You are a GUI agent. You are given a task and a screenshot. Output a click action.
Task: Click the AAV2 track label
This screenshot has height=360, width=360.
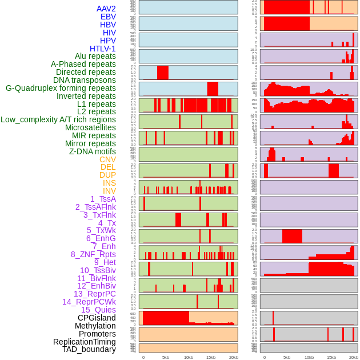point(106,9)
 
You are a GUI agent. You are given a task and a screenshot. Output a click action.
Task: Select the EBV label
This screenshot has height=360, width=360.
point(108,17)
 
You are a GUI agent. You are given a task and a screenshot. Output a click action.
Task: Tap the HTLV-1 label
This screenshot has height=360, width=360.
point(103,49)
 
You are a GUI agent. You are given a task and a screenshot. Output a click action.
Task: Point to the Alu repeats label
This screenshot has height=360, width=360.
point(95,57)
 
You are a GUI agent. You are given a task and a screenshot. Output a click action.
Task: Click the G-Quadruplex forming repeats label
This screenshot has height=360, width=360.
point(61,88)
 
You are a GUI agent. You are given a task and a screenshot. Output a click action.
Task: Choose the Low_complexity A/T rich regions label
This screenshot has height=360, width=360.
point(58,119)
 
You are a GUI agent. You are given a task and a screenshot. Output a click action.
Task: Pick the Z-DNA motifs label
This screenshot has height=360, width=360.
point(93,151)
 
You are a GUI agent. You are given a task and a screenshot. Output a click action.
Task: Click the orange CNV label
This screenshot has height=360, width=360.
point(107,159)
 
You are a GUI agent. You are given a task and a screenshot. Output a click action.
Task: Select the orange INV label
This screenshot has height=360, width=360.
point(109,191)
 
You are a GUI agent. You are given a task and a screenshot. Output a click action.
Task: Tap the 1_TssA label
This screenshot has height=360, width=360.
point(103,199)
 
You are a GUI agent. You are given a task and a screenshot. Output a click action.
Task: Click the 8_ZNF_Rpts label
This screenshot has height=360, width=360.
point(93,254)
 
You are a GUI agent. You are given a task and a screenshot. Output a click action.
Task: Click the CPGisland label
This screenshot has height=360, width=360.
point(97,318)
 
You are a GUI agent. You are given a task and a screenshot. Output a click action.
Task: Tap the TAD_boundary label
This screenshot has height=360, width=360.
point(89,349)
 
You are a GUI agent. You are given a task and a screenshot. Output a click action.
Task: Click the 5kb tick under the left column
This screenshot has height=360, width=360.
point(166,357)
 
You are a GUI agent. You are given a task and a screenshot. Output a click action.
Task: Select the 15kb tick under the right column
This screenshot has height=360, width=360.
point(331,357)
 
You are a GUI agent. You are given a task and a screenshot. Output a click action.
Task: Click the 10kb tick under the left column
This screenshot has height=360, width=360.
point(188,357)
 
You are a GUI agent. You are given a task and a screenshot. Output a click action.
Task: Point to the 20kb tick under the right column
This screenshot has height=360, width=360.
point(354,357)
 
